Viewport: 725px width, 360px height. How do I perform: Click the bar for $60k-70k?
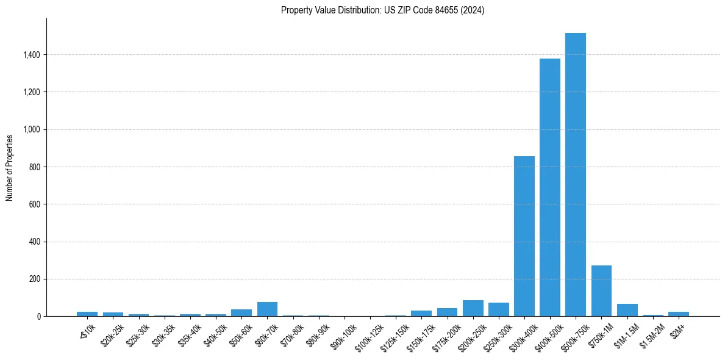pos(267,309)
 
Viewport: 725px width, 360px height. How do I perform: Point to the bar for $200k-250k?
pos(473,308)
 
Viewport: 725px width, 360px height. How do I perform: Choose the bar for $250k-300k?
pos(498,309)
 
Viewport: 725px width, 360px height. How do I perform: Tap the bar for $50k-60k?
pos(241,312)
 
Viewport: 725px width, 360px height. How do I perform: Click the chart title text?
pos(382,10)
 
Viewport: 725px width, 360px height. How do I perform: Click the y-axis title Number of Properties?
pos(10,167)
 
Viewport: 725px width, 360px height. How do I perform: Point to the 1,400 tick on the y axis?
pos(32,55)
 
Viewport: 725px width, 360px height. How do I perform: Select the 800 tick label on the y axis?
pos(35,167)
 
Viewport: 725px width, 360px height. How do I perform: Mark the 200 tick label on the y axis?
pos(35,279)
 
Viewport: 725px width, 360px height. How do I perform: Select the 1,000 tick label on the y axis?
pos(32,129)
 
